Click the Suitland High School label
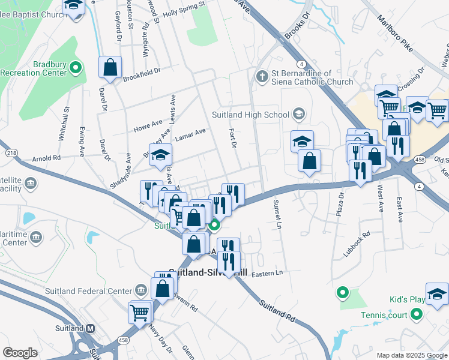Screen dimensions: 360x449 pos(250,115)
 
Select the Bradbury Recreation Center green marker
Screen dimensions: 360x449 pos(76,68)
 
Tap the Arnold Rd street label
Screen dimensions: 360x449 pos(48,158)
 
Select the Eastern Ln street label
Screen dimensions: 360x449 pos(267,274)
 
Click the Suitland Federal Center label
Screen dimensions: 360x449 pos(88,292)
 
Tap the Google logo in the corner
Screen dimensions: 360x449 pos(20,352)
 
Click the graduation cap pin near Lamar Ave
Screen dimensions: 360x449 pos(160,154)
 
